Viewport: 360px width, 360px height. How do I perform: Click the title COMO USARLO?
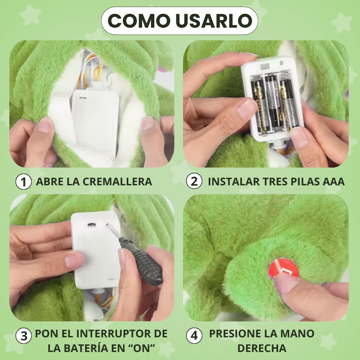(x=180, y=21)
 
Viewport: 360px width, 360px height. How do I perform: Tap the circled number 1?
(x=24, y=182)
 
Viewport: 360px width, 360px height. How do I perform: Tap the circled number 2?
(x=194, y=182)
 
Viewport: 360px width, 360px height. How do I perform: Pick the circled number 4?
(x=194, y=336)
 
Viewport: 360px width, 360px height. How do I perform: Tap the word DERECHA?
(x=262, y=348)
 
